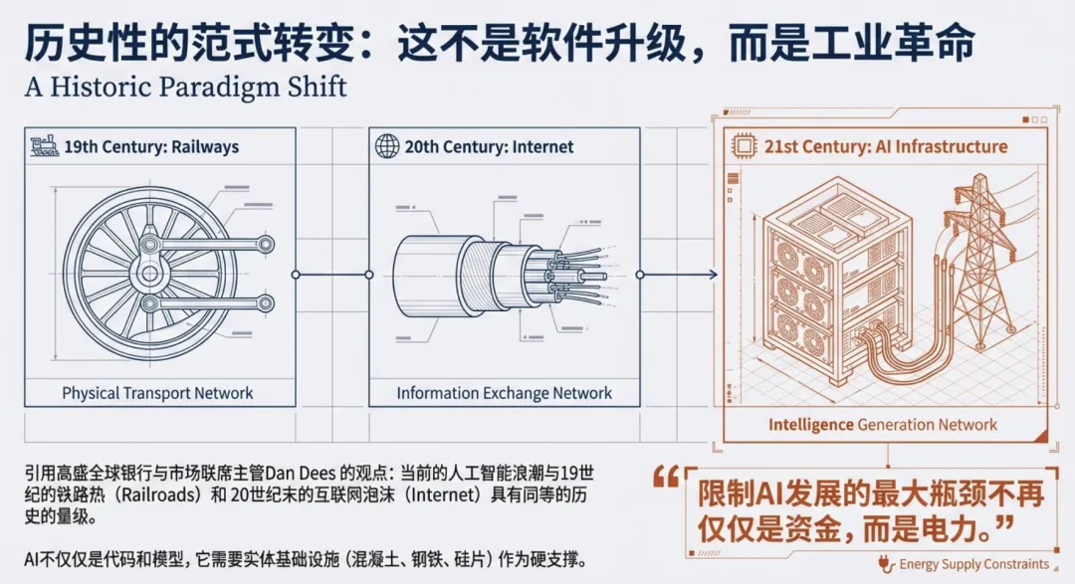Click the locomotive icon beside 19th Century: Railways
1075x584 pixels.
(45, 145)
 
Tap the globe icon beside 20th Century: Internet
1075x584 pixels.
(386, 146)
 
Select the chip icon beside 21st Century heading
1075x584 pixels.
(743, 145)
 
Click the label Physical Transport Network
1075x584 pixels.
(158, 393)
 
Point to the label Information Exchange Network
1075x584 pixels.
(505, 393)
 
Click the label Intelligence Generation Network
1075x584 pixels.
(882, 425)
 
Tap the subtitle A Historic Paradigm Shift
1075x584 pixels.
(186, 87)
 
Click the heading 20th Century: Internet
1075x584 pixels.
(489, 146)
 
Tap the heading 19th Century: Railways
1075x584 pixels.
(151, 146)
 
